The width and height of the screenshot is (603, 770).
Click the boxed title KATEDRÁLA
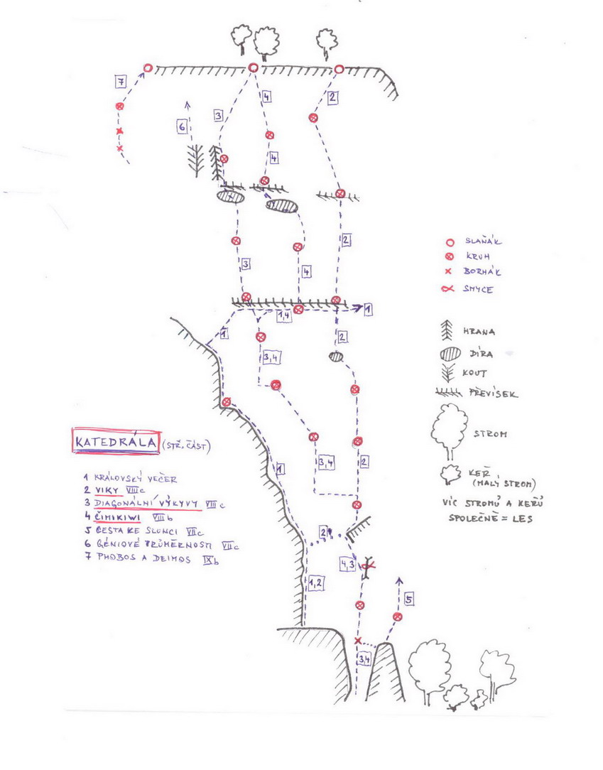tap(116, 441)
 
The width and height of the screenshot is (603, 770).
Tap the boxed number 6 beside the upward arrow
tap(183, 127)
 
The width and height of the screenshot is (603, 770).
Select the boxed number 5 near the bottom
tap(408, 600)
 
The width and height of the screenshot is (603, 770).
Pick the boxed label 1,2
tap(316, 583)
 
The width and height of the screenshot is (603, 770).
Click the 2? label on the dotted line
tap(326, 531)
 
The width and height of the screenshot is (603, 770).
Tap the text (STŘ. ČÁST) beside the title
tap(186, 445)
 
